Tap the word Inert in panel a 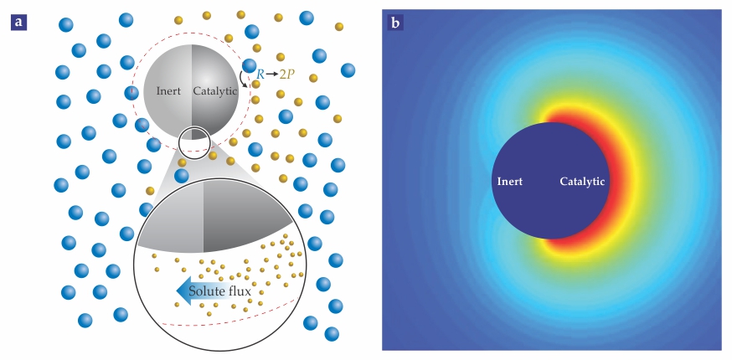coord(169,90)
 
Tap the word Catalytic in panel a coord(215,90)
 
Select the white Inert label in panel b coord(511,181)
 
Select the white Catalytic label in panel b coord(582,181)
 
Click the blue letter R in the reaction coord(260,75)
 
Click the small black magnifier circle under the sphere coord(193,142)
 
